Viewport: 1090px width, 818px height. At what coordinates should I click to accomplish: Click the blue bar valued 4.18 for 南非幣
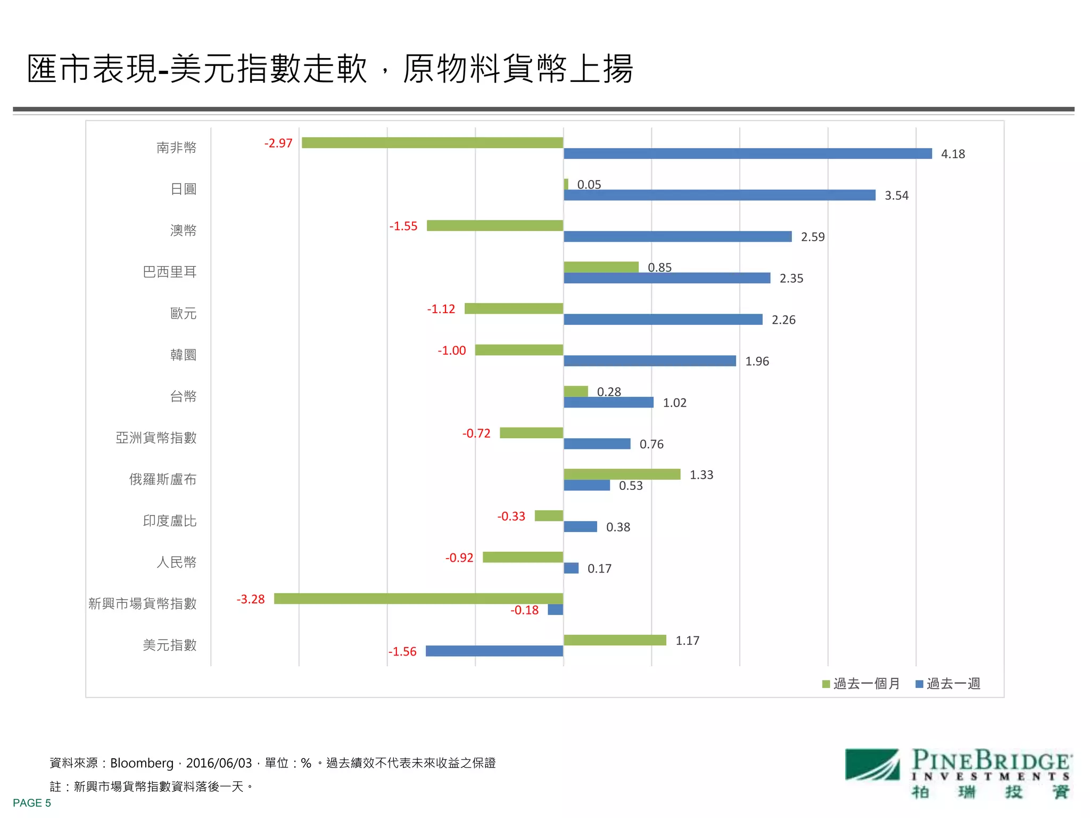click(747, 154)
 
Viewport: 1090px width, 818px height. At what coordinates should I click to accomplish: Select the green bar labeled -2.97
click(432, 143)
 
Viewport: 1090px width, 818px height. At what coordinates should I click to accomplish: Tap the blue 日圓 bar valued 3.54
click(719, 195)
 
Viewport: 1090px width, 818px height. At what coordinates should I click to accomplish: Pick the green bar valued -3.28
click(418, 599)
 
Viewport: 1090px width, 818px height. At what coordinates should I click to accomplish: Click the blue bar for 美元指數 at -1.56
click(494, 651)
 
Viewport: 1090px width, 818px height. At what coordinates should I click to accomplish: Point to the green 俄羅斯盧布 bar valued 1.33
click(622, 474)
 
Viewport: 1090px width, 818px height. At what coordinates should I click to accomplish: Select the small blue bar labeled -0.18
click(555, 610)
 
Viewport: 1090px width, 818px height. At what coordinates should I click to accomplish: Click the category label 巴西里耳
click(170, 272)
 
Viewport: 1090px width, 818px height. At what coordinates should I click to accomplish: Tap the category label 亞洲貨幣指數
click(156, 438)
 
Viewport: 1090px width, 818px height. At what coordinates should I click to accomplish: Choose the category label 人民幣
click(176, 562)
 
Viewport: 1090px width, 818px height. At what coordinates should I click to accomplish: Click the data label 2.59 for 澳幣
click(812, 237)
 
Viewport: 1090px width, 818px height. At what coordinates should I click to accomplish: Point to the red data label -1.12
click(441, 309)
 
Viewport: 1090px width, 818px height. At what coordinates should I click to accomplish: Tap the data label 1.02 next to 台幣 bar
click(674, 403)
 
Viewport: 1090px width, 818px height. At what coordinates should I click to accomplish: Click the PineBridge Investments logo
click(958, 773)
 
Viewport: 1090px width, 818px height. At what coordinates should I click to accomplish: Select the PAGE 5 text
click(32, 803)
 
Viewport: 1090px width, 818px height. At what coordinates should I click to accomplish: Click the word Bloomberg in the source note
click(142, 763)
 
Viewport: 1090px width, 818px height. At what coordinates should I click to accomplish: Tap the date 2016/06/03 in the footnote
click(219, 763)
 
